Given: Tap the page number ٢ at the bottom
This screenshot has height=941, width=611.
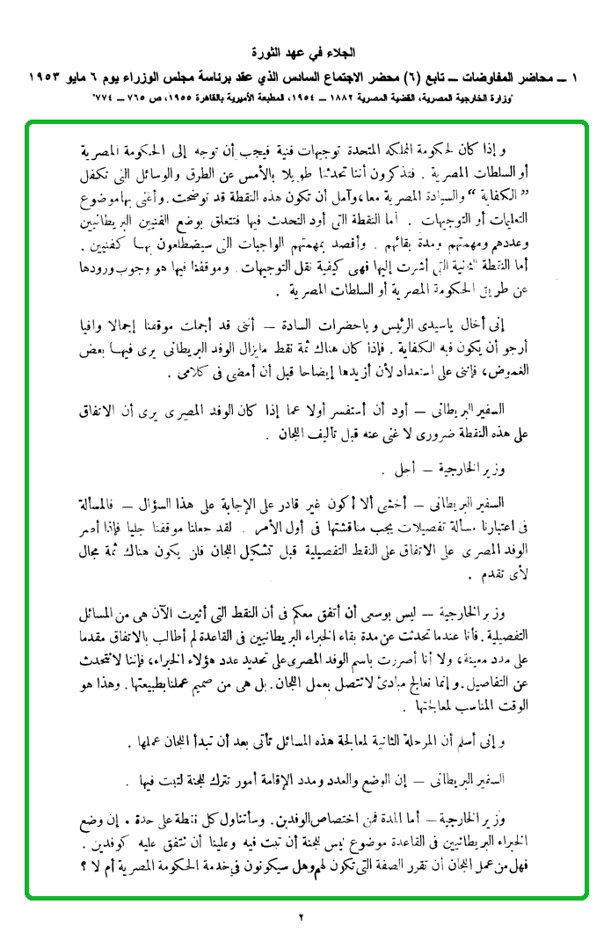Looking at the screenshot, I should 300,918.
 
